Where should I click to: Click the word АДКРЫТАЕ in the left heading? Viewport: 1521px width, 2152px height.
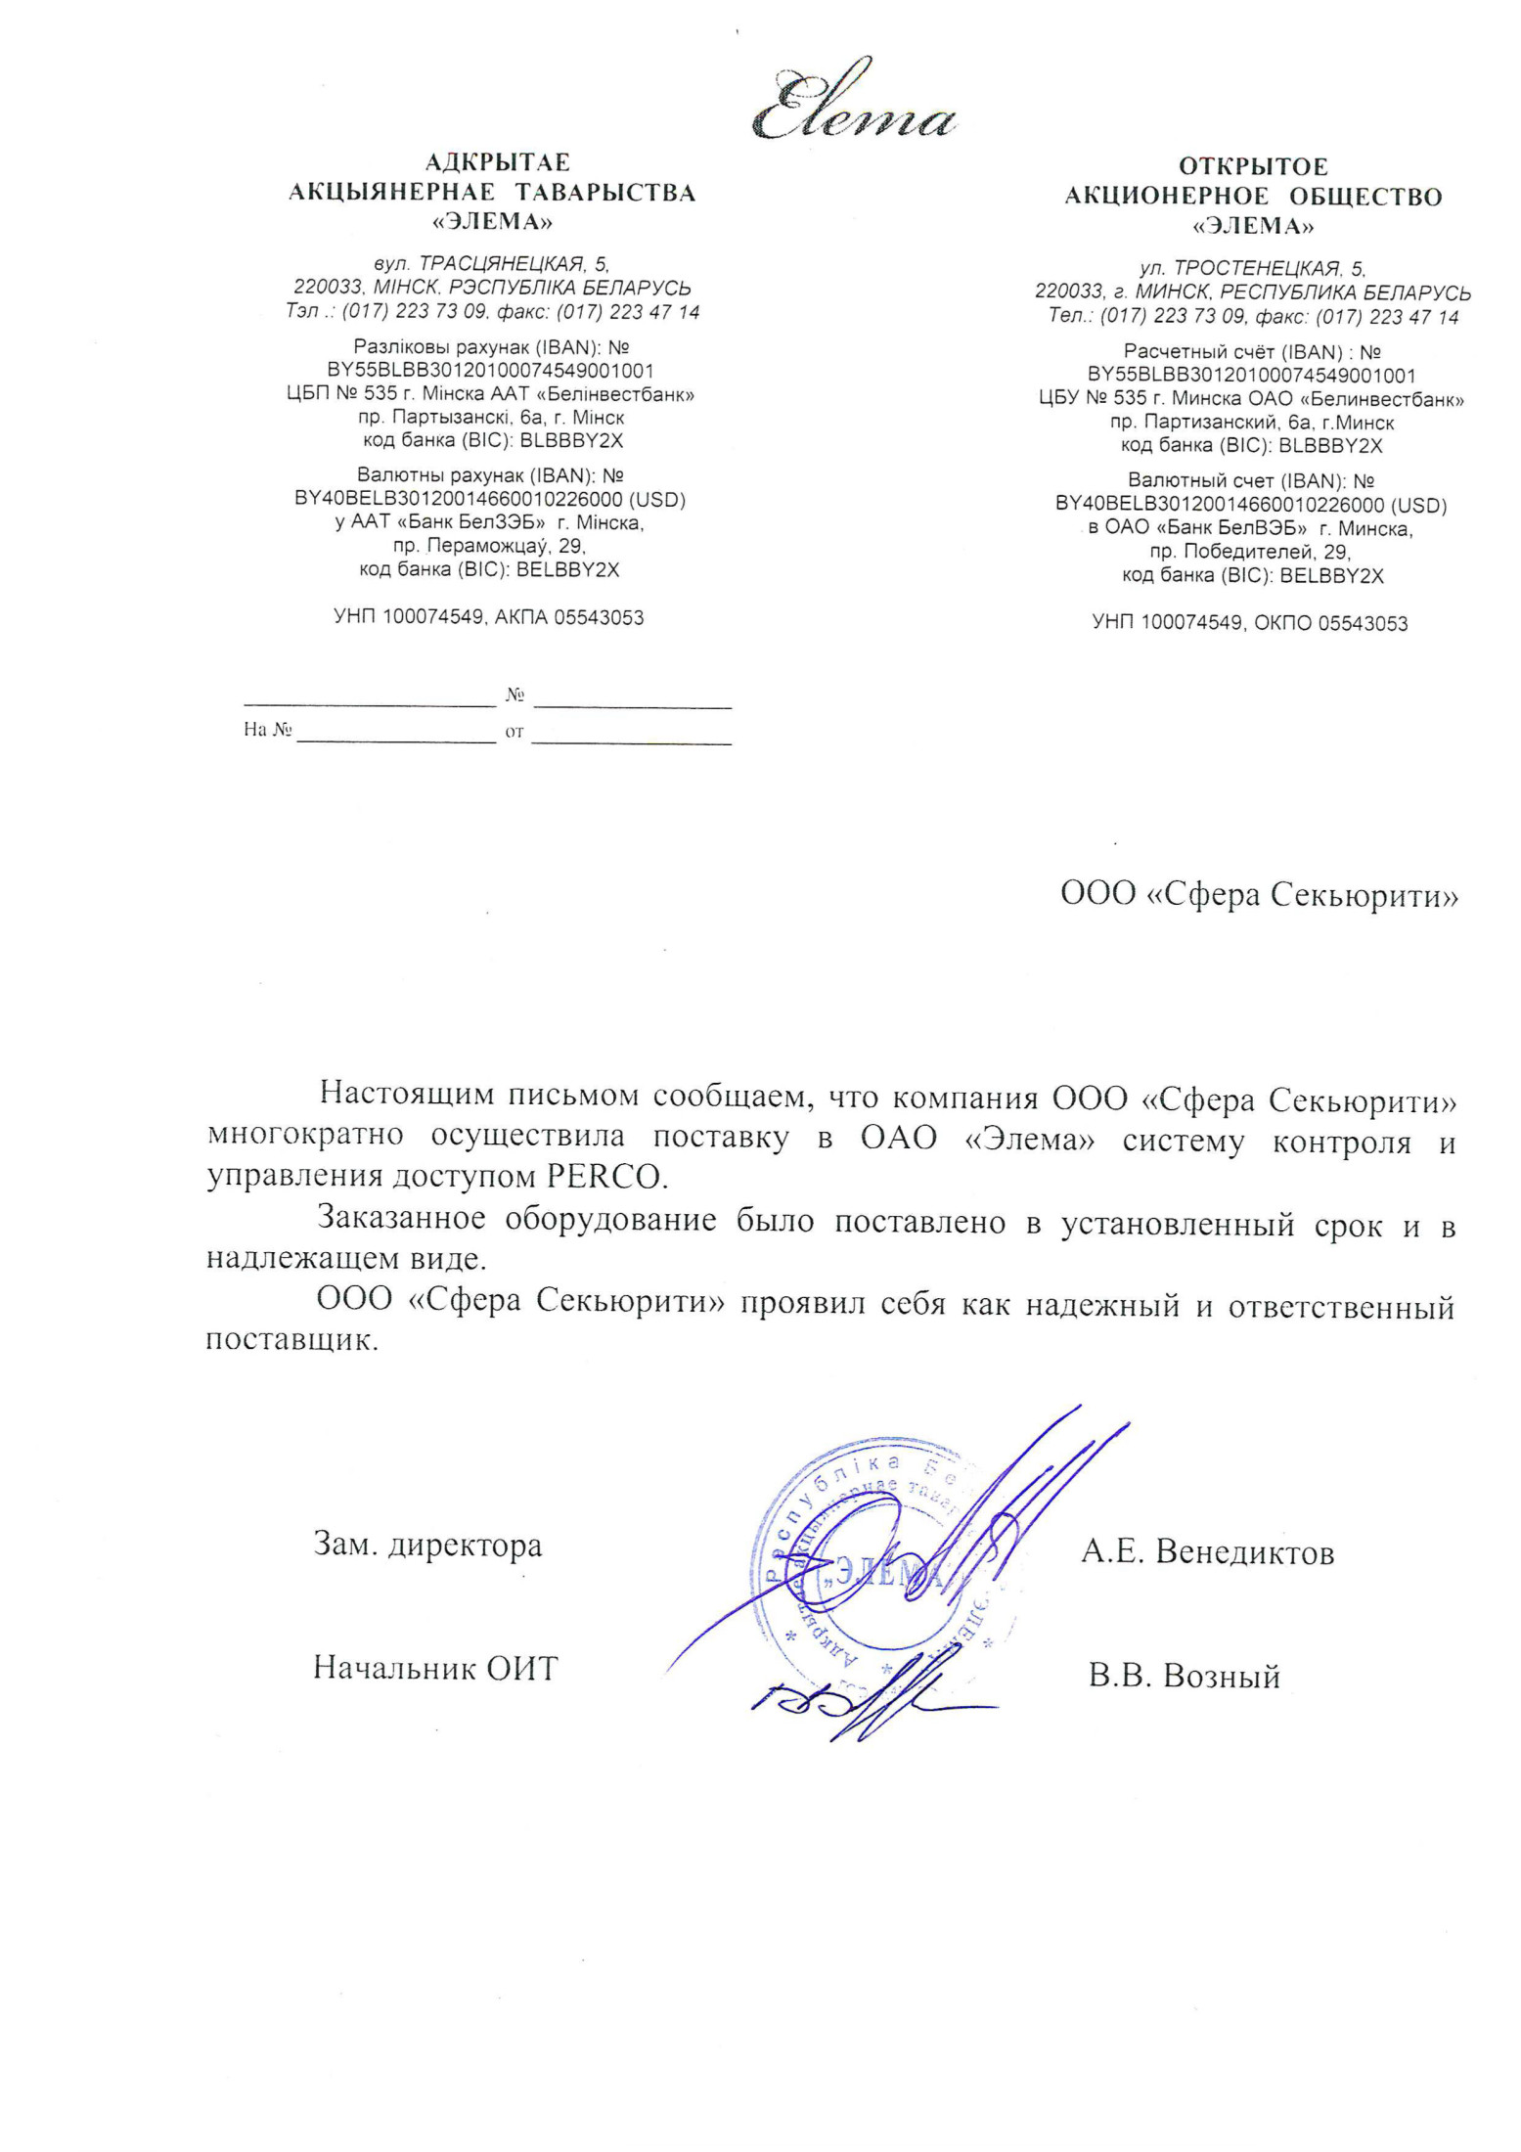point(498,162)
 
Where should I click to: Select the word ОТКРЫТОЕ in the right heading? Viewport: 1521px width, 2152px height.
point(1253,167)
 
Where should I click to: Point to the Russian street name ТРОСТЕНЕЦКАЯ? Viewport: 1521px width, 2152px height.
point(1258,269)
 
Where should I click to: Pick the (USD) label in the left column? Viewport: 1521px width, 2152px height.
point(656,500)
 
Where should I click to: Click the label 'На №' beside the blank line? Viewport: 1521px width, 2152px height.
point(267,730)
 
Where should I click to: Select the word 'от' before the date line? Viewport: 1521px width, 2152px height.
point(514,732)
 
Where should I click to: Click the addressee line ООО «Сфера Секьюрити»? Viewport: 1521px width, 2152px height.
point(1259,895)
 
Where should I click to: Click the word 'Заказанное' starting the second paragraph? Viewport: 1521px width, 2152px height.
point(401,1220)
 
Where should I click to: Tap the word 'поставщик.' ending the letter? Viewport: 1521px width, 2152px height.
point(291,1340)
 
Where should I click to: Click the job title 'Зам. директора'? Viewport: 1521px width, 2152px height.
point(427,1547)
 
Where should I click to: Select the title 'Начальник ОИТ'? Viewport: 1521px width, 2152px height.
point(435,1669)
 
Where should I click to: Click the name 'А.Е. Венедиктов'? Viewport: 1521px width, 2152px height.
point(1207,1552)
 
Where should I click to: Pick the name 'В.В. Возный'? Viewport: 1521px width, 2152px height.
point(1184,1677)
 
